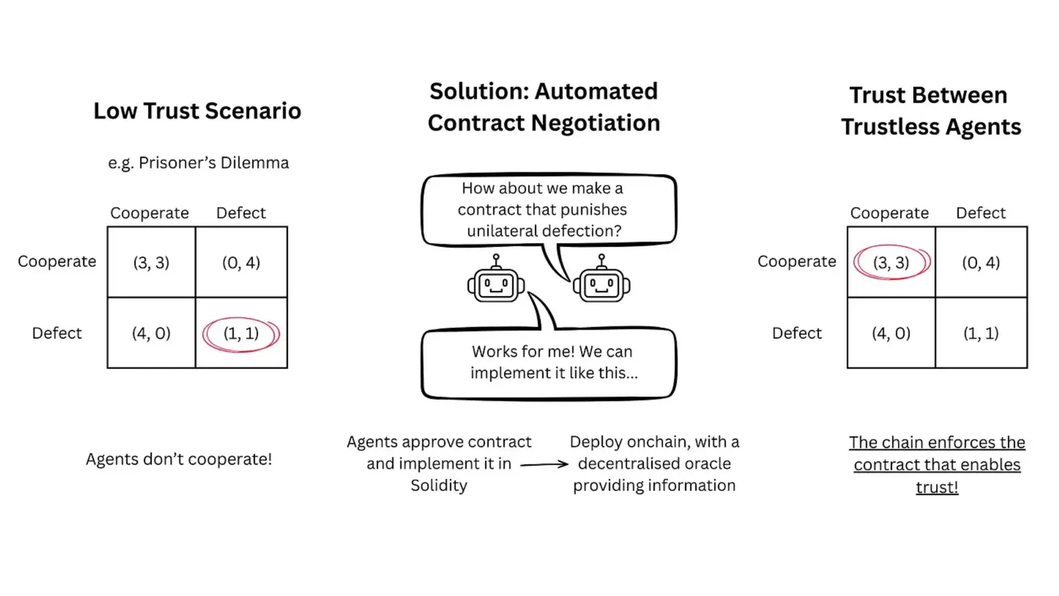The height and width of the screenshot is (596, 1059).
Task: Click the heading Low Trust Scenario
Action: click(x=197, y=111)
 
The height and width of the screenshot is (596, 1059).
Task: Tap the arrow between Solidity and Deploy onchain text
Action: click(x=544, y=465)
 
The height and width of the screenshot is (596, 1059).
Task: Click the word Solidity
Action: click(x=439, y=486)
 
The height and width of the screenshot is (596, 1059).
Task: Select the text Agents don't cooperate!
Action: click(x=179, y=459)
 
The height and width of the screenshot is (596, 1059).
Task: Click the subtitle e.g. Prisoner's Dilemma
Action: click(x=198, y=163)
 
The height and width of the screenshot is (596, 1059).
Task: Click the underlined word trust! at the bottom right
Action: click(x=937, y=487)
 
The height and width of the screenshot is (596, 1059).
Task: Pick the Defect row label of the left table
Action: click(x=56, y=333)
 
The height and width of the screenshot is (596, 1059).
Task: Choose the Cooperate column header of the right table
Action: click(x=889, y=213)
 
